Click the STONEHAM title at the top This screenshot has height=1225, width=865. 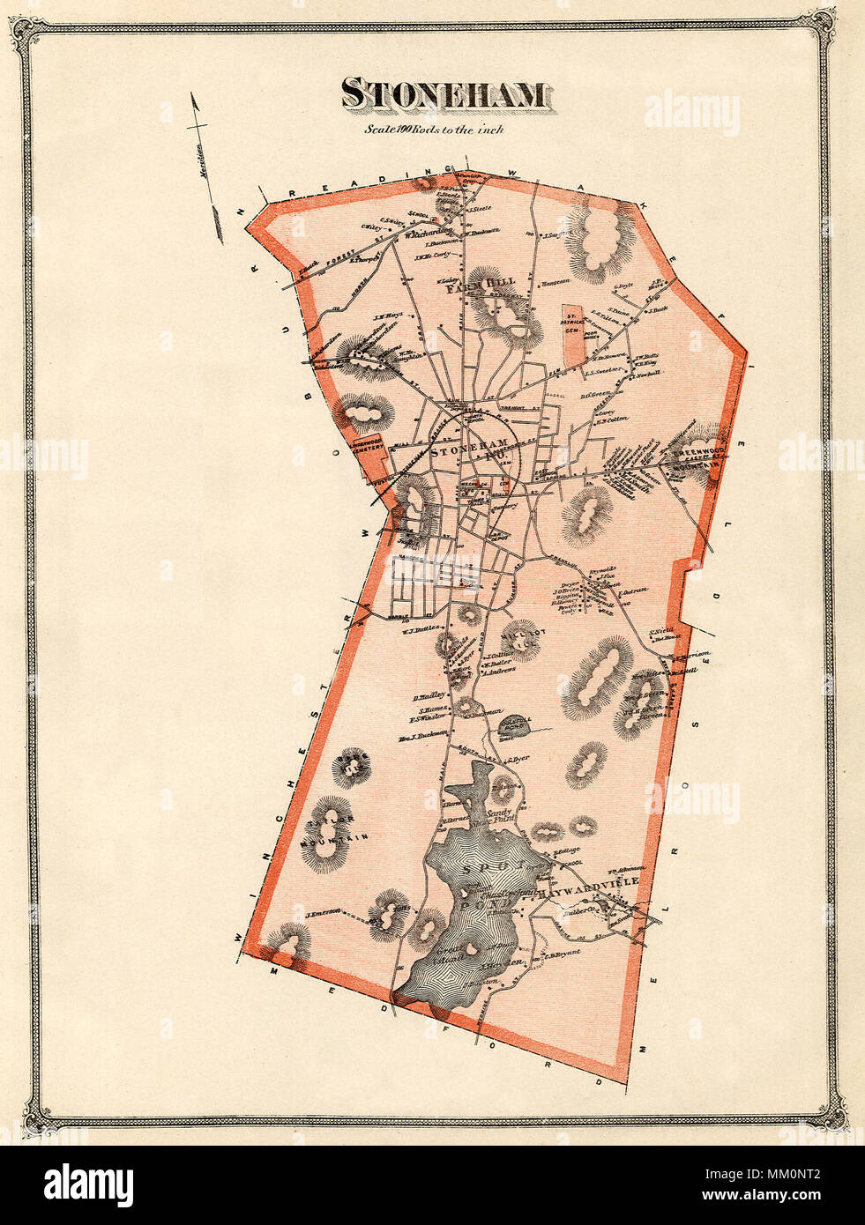pyautogui.click(x=444, y=94)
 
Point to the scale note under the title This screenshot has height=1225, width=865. pyautogui.click(x=435, y=129)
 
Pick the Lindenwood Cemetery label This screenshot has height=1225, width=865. pyautogui.click(x=369, y=445)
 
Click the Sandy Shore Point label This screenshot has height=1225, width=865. pyautogui.click(x=499, y=814)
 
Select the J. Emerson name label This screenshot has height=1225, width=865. pyautogui.click(x=323, y=913)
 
